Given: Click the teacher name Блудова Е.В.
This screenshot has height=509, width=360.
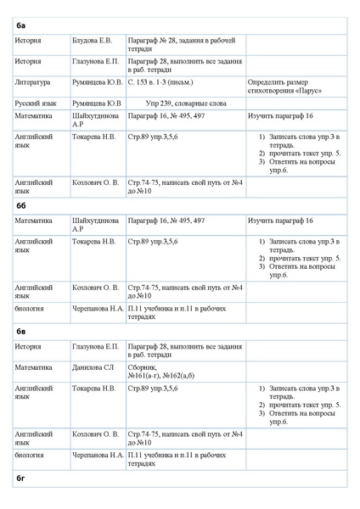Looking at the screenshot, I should click(93, 41).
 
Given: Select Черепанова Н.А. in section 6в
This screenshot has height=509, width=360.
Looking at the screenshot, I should click(98, 455).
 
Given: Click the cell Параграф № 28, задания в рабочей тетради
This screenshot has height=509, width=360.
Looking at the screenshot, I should click(181, 45).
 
